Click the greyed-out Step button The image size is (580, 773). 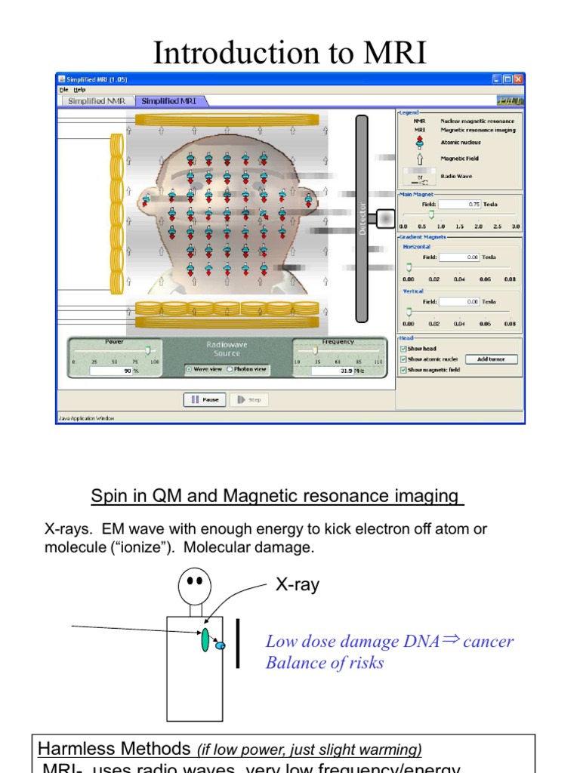248,400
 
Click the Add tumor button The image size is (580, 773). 492,359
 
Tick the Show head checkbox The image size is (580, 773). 403,349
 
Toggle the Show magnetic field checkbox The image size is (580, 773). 403,370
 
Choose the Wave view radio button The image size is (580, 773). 189,369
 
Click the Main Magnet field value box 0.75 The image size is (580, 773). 460,204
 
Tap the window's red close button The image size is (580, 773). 518,79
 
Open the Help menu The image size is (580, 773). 79,89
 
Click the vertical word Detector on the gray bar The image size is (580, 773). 362,219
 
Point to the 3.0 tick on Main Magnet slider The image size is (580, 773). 516,226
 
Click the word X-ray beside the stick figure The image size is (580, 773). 297,584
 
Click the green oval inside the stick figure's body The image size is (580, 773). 205,638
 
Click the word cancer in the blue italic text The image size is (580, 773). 488,641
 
